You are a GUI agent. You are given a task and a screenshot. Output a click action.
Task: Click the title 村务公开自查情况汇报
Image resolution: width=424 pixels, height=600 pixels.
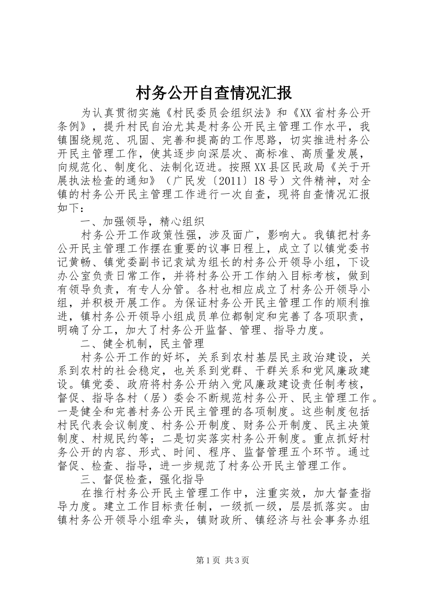(x=213, y=93)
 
